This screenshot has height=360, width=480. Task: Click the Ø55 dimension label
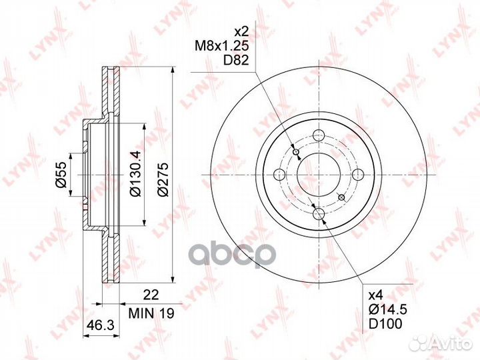pos(61,175)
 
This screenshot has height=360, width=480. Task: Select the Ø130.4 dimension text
pos(135,173)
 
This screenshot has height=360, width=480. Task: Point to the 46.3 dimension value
pos(101,325)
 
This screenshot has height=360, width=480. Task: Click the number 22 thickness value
pos(151,295)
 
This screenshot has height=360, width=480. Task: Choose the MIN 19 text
pos(151,313)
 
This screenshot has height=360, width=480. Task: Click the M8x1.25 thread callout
pos(221,46)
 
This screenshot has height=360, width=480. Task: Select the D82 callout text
pos(236,60)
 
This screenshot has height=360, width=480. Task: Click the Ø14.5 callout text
pos(387,310)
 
